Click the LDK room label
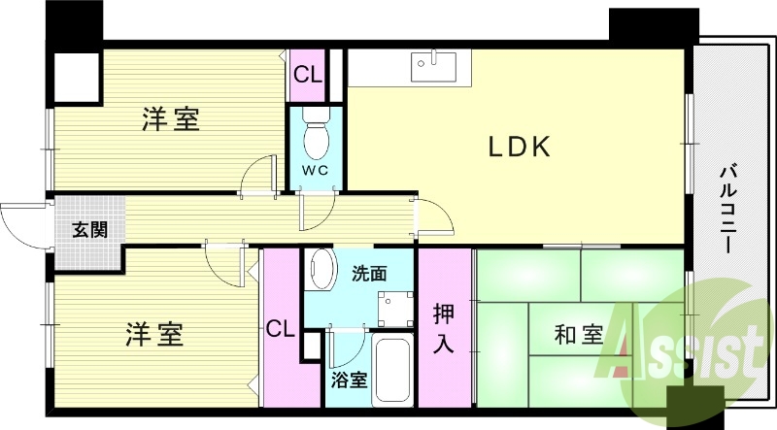click(519, 148)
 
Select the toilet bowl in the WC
click(317, 136)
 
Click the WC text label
click(317, 171)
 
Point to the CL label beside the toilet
click(309, 73)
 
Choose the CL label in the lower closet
click(281, 328)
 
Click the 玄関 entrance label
click(88, 230)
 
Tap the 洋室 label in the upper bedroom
click(171, 120)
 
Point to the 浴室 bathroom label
click(348, 380)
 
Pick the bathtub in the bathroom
click(393, 374)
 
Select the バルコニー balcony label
click(727, 209)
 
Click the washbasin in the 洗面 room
click(318, 271)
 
